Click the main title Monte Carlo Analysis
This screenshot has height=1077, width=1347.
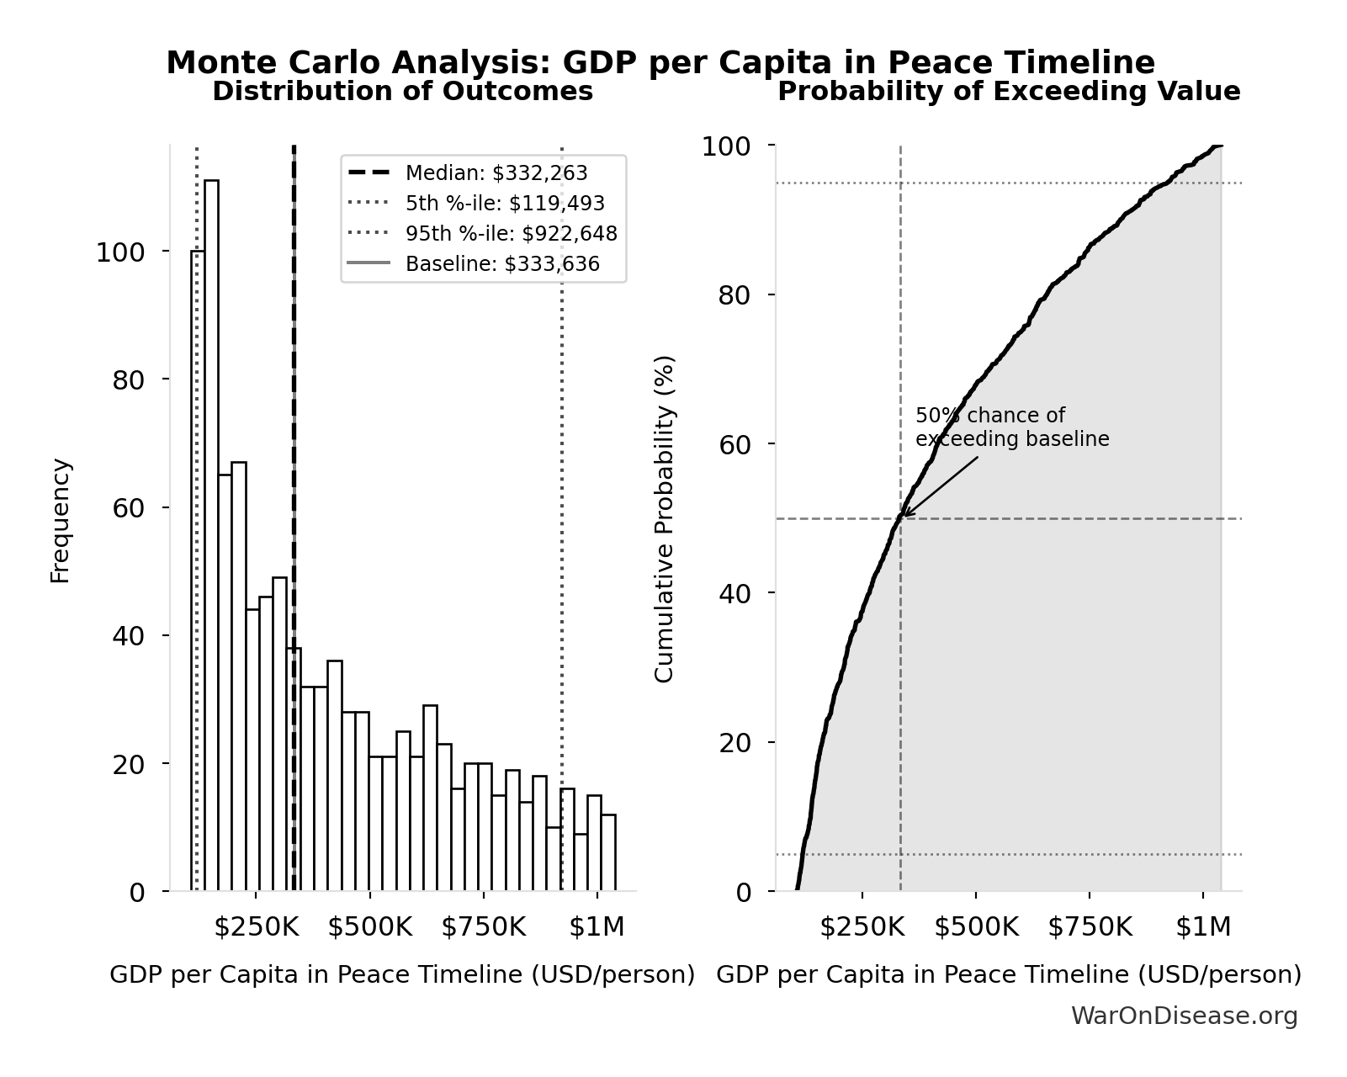pyautogui.click(x=660, y=63)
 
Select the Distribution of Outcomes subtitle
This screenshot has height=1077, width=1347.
pyautogui.click(x=402, y=92)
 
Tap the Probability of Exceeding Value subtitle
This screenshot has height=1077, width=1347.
pyautogui.click(x=1009, y=92)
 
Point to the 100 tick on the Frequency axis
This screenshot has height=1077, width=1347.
pyautogui.click(x=119, y=252)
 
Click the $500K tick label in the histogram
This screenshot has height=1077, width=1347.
pyautogui.click(x=370, y=927)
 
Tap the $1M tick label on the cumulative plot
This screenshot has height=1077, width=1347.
pyautogui.click(x=1203, y=927)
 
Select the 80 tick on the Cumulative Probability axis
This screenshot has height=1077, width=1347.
pyautogui.click(x=734, y=295)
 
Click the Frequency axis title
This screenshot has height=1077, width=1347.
pyautogui.click(x=61, y=520)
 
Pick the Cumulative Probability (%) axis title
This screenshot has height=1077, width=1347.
pyautogui.click(x=665, y=518)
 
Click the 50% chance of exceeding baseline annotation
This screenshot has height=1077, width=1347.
pyautogui.click(x=1011, y=427)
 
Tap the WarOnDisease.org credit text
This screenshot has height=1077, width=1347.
pyautogui.click(x=1184, y=1016)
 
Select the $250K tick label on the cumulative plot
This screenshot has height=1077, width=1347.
pyautogui.click(x=862, y=927)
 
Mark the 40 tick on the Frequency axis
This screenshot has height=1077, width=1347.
pyautogui.click(x=128, y=636)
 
